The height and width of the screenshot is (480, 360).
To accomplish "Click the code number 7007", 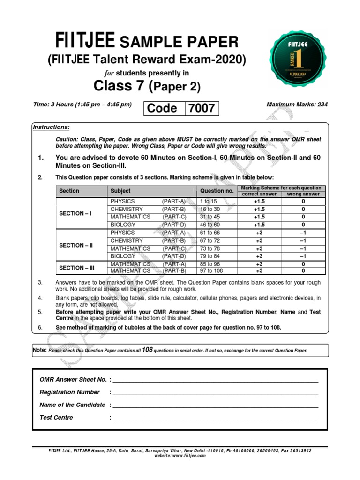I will click(201, 108).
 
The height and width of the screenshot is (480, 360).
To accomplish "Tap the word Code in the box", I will click(162, 108).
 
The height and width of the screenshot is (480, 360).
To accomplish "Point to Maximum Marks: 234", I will click(297, 105).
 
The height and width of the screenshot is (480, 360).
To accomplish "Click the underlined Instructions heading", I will click(51, 127).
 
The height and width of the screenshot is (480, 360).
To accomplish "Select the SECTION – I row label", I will click(75, 213).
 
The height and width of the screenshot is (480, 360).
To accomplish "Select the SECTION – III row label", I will click(77, 268).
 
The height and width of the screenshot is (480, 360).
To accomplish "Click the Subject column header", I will click(120, 191).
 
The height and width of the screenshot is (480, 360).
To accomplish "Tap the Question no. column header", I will click(217, 191).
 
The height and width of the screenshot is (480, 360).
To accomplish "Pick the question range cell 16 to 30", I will click(210, 209).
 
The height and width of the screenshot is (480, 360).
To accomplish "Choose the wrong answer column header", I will click(303, 194).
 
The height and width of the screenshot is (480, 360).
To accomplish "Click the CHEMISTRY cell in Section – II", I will click(127, 240).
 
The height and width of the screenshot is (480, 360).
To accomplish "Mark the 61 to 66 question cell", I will click(210, 233).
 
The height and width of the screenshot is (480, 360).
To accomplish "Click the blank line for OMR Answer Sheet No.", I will click(216, 380).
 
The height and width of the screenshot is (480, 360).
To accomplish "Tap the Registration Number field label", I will click(69, 392).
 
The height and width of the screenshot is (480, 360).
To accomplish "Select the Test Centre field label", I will click(56, 418).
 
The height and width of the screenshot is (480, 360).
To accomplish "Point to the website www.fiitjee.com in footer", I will click(180, 455).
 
